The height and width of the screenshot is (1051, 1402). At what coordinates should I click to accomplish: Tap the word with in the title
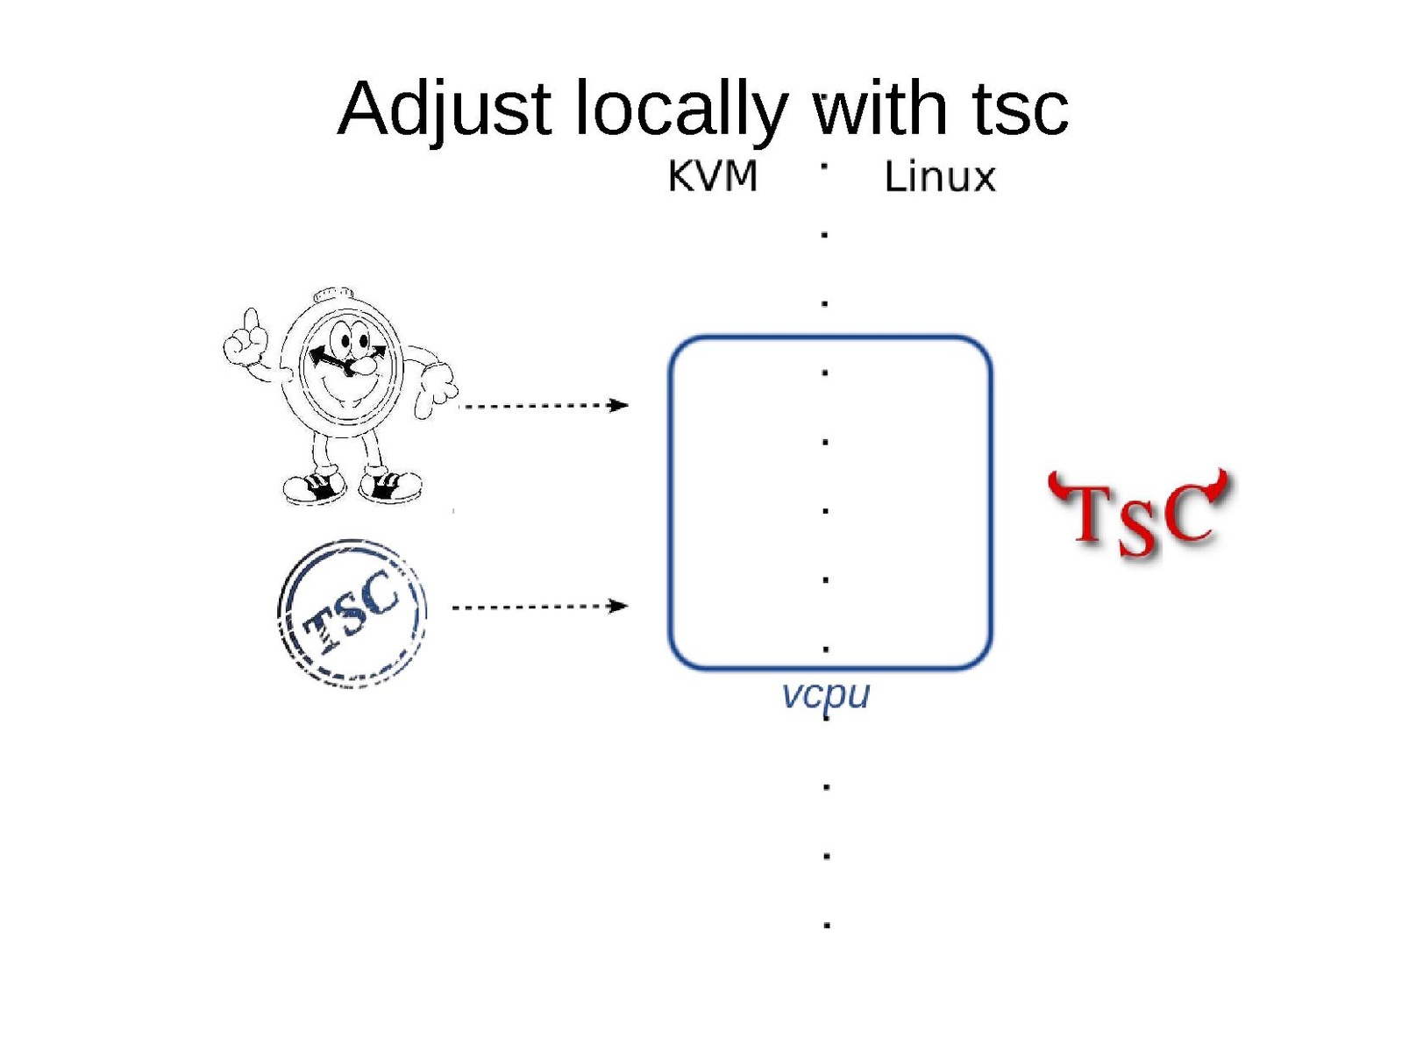tap(879, 110)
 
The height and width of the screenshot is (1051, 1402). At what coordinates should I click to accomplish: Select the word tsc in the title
tap(1021, 110)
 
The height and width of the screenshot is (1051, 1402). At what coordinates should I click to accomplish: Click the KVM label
tap(712, 176)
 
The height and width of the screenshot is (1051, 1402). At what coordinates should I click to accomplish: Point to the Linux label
tap(939, 177)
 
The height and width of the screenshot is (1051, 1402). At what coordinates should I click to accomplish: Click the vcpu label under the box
tap(825, 695)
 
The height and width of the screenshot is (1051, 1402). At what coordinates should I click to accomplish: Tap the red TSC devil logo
tap(1141, 513)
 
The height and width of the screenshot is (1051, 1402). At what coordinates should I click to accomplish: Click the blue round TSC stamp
tap(352, 613)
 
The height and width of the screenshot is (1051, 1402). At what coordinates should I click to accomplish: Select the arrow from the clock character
tap(544, 405)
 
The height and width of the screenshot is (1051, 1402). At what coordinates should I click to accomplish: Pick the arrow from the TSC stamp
tap(539, 606)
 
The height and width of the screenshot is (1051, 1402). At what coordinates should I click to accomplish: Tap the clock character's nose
tap(359, 366)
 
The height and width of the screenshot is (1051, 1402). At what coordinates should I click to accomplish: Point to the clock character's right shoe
tap(391, 484)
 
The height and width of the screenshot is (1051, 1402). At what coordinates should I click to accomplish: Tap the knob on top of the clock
tap(334, 294)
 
